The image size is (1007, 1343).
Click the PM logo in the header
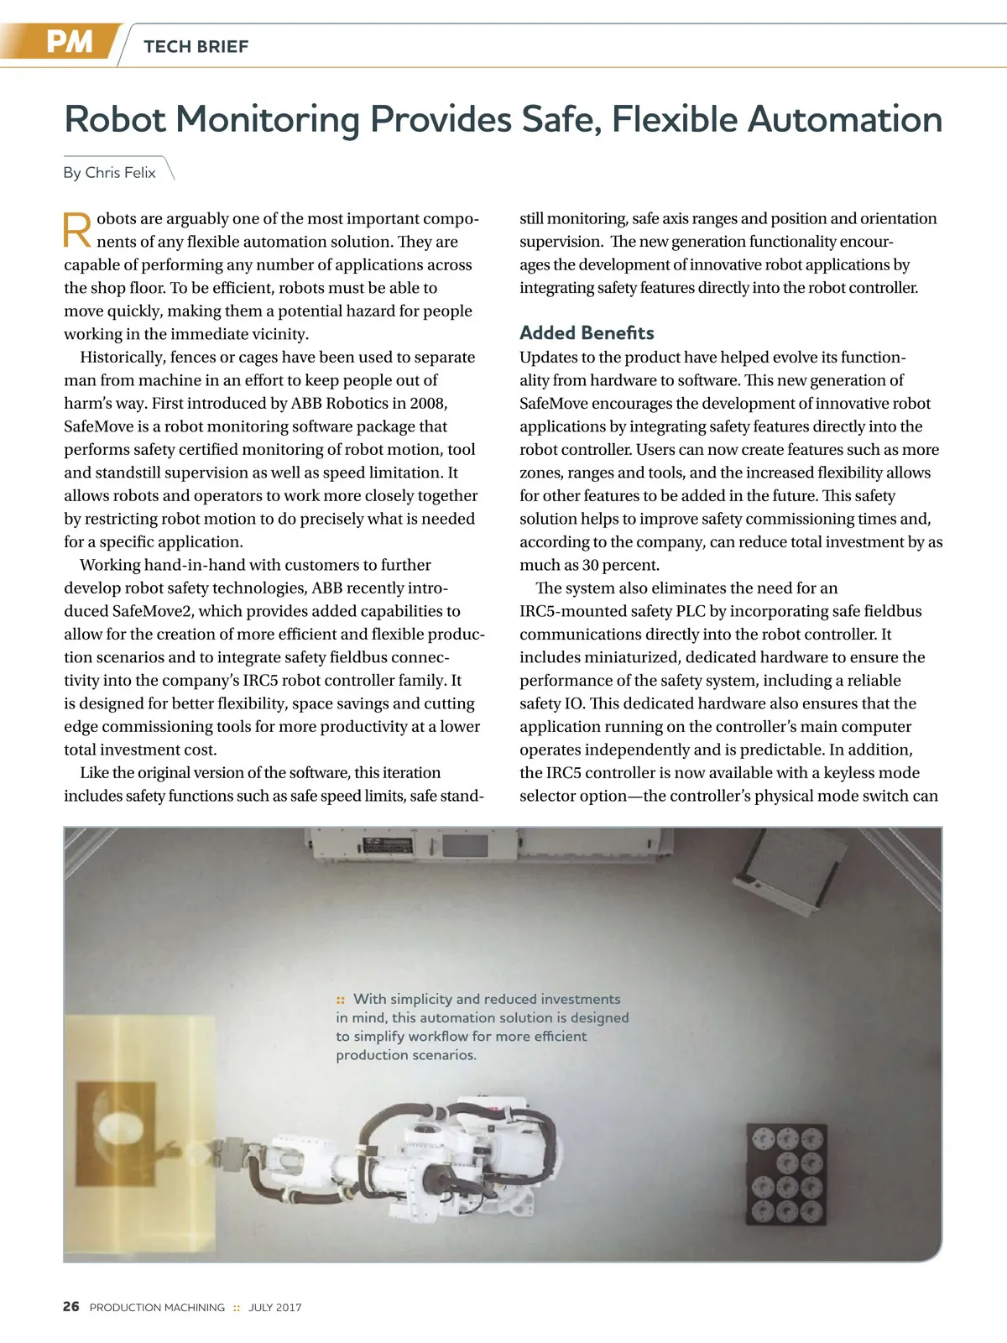pos(69,42)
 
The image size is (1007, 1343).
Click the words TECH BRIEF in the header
pos(196,47)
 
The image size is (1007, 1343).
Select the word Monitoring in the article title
pos(268,119)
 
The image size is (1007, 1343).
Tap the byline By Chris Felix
pos(110,172)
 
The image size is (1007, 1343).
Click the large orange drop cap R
pos(77,231)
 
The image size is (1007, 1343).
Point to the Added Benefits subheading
pos(587,332)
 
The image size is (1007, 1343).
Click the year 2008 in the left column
pos(428,403)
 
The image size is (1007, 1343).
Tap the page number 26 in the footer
pos(71,1306)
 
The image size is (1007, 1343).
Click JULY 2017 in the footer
pos(274,1307)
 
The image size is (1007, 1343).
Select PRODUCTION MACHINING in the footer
pos(157,1307)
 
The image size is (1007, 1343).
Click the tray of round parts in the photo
pos(786,1174)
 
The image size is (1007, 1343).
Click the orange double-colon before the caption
pos(341,1000)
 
